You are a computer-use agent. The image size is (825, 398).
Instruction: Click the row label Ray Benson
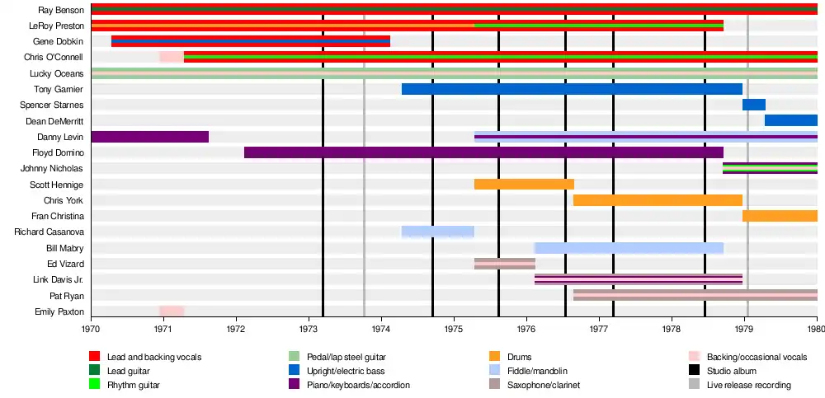point(60,10)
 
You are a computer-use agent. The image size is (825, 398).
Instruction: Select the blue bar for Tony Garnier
point(572,89)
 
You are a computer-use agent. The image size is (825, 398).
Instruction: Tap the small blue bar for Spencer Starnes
point(753,105)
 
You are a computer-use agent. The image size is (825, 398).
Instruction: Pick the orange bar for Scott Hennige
point(524,184)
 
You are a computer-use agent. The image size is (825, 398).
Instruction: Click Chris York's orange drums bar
point(658,200)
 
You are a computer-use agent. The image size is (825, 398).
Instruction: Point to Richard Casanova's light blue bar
point(437,232)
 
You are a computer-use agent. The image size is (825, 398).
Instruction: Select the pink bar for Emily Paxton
point(172,311)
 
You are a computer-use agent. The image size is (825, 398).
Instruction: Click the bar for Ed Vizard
point(504,264)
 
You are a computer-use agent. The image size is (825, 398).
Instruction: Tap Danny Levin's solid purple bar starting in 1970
point(149,137)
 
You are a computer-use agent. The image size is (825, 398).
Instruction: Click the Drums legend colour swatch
point(494,357)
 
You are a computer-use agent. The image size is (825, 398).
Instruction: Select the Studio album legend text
point(732,371)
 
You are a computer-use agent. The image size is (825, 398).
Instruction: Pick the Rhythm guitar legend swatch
point(94,385)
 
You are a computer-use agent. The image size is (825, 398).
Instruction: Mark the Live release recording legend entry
point(748,385)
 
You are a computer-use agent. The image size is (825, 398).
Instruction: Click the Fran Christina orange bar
point(779,216)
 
